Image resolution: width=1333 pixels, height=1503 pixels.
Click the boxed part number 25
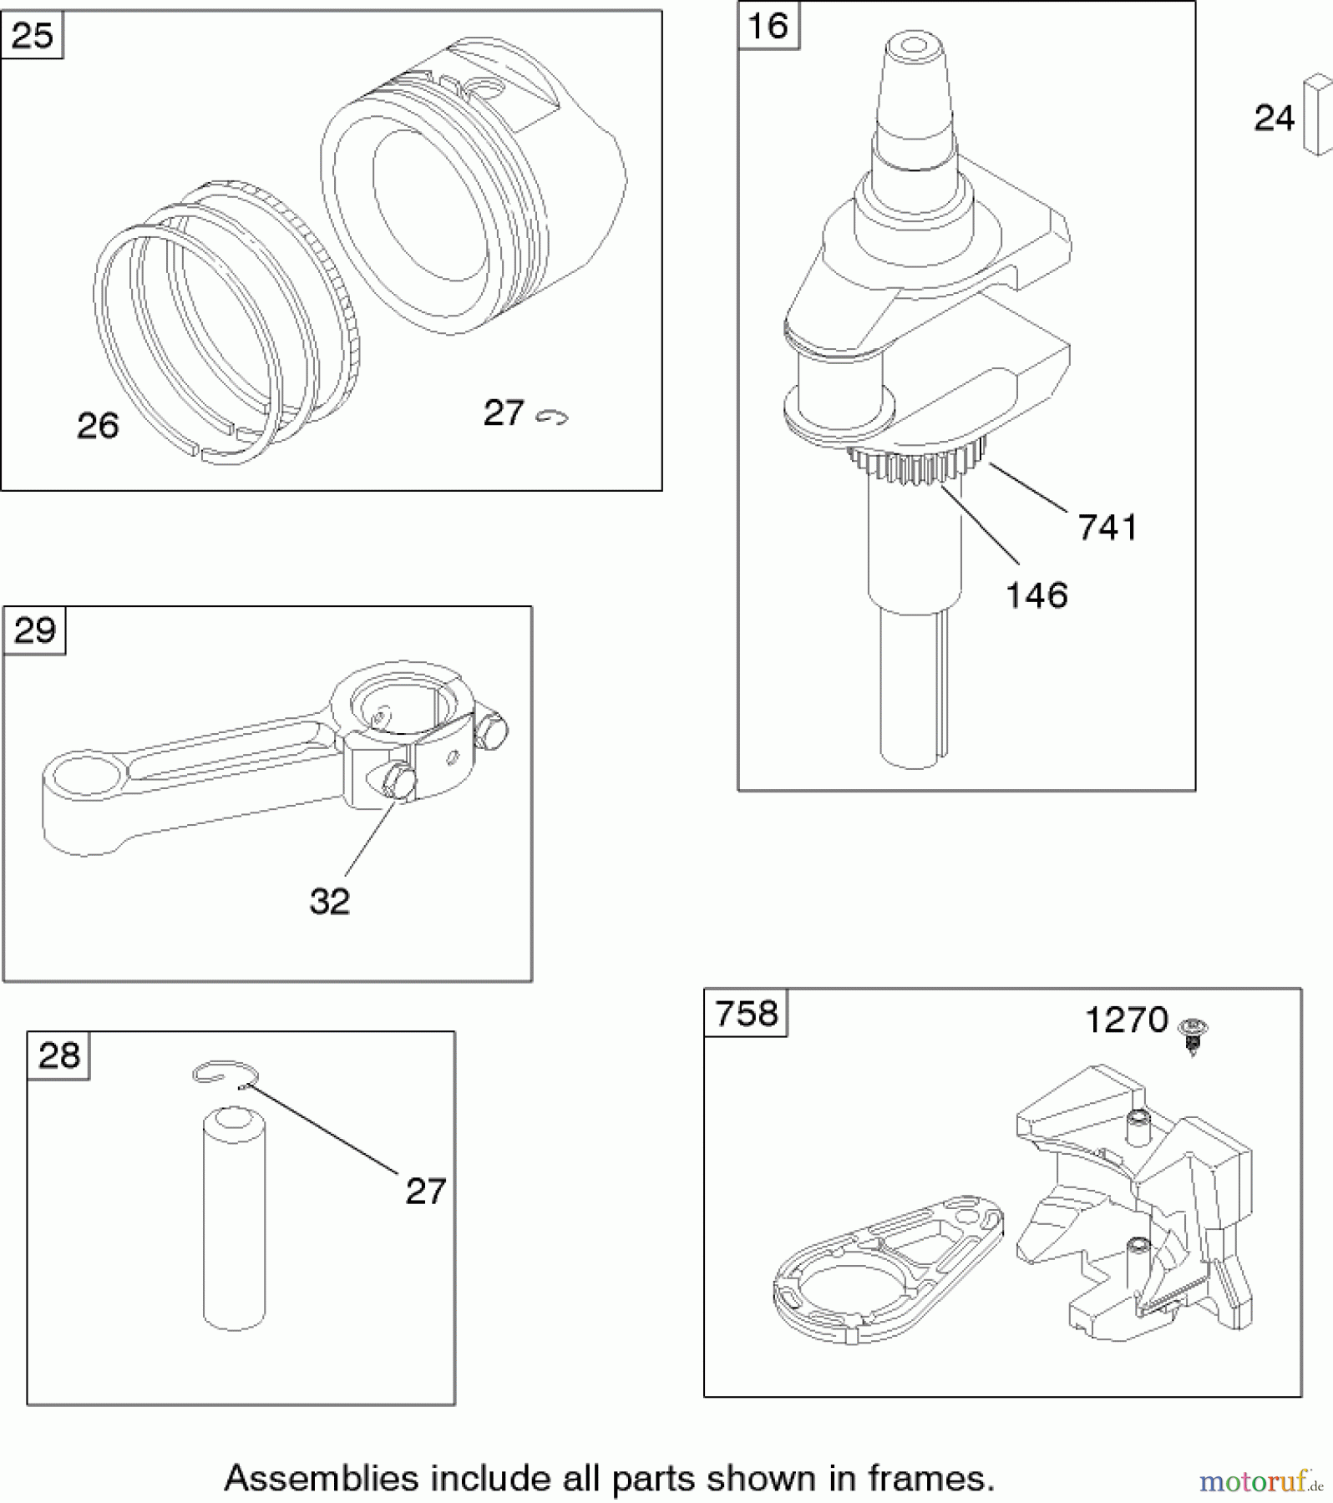coord(33,36)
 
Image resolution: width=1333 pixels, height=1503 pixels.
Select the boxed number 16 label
coord(768,26)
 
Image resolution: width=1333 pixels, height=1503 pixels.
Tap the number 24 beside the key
coord(1274,118)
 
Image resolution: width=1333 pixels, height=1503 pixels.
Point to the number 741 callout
coord(1107,528)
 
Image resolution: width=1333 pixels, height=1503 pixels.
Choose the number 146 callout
coord(1036,595)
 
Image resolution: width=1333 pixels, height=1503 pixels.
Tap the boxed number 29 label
coord(34,630)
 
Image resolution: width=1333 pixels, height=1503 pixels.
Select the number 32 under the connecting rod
coord(329,902)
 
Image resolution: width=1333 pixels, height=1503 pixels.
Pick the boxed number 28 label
coord(58,1055)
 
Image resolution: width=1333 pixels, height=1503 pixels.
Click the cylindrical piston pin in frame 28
coord(234,1219)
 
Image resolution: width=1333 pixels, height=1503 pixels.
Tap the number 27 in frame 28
coord(425,1192)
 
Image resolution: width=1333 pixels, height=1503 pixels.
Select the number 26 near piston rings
coord(98,426)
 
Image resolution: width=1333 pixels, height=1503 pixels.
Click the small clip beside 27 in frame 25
coord(552,417)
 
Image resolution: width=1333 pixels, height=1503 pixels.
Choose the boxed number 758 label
coord(746,1014)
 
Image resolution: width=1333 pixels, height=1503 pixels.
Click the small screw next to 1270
coord(1193,1034)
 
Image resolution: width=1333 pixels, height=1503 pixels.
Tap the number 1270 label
coord(1126,1020)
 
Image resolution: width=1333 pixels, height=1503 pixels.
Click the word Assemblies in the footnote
coord(321,1478)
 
